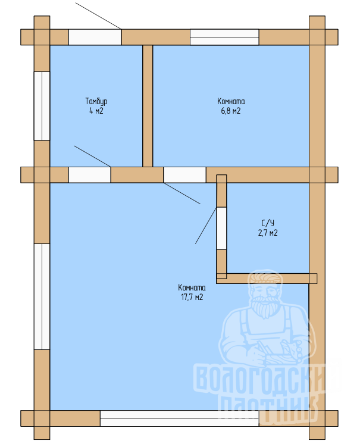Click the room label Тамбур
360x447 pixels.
click(x=96, y=102)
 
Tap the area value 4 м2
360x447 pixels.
click(x=96, y=111)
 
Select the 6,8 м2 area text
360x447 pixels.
click(x=231, y=111)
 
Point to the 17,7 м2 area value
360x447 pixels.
click(x=192, y=297)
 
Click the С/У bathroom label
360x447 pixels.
click(x=268, y=223)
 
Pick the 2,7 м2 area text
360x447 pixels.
click(x=268, y=233)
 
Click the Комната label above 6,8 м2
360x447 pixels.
click(x=231, y=101)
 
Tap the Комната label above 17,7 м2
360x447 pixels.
click(x=192, y=287)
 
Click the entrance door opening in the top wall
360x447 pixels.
click(x=95, y=37)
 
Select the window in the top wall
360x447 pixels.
click(x=224, y=37)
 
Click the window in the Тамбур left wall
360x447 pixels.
click(x=42, y=106)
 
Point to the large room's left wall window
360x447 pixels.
click(x=42, y=296)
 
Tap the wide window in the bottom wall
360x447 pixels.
click(x=179, y=418)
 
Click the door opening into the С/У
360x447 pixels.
click(x=221, y=229)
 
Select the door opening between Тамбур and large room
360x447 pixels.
click(x=89, y=175)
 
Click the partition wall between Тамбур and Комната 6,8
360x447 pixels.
click(x=148, y=106)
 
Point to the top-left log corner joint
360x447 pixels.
click(x=42, y=37)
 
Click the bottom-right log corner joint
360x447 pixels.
click(x=317, y=418)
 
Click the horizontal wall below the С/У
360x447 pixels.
click(x=267, y=279)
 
